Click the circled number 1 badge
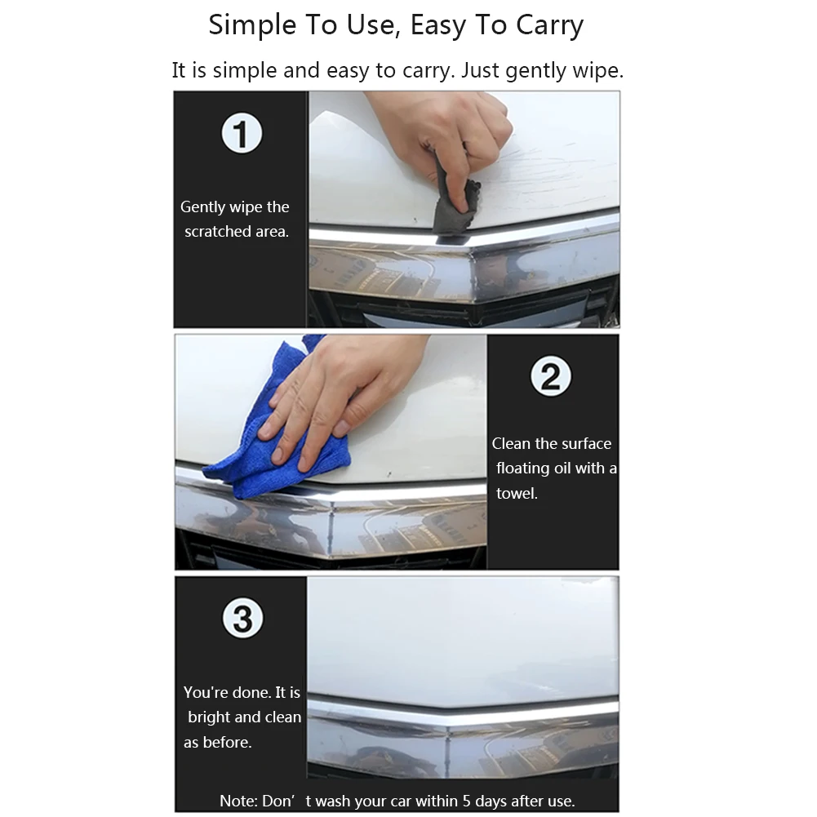pyautogui.click(x=242, y=134)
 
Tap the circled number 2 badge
pyautogui.click(x=551, y=377)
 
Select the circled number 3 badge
pyautogui.click(x=243, y=619)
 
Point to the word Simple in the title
pyautogui.click(x=250, y=25)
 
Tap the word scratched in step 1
pyautogui.click(x=217, y=232)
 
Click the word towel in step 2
pyautogui.click(x=516, y=493)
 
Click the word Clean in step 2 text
pyautogui.click(x=512, y=444)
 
